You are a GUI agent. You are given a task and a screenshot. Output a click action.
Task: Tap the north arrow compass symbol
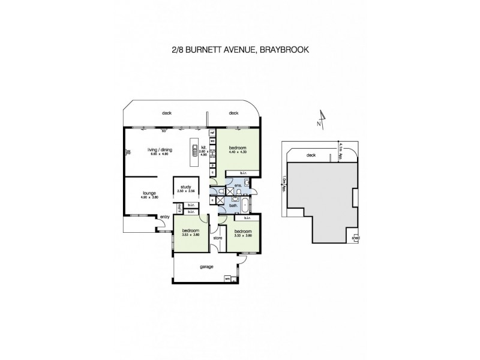pyautogui.click(x=322, y=118)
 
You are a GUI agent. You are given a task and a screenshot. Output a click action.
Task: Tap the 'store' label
pyautogui.click(x=218, y=239)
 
